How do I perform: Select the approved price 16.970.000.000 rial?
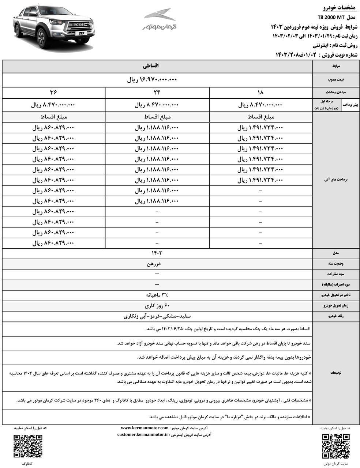(152, 80)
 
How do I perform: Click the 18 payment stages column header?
(260, 93)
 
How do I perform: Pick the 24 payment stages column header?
(157, 93)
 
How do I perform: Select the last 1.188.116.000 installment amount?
(157, 201)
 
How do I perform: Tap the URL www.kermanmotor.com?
(145, 428)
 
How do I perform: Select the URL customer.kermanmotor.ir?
(143, 435)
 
